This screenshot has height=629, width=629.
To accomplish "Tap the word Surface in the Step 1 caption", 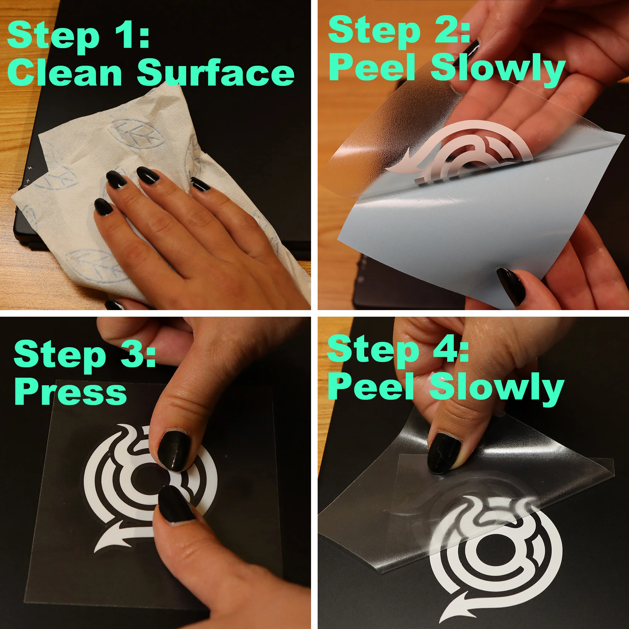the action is click(x=216, y=73).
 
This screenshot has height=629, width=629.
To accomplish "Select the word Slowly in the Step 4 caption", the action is click(x=497, y=389).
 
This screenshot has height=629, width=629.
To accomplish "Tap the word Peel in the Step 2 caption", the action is click(x=372, y=66).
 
